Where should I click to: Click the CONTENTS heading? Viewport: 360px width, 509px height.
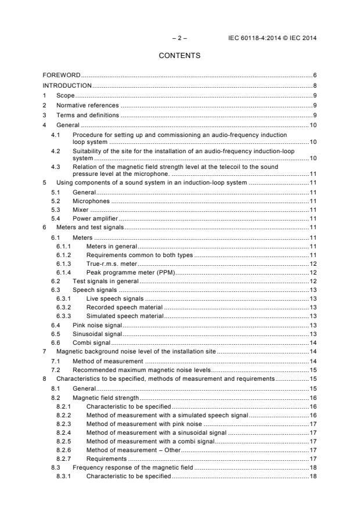pos(179,56)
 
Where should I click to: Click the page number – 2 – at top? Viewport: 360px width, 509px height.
pos(179,38)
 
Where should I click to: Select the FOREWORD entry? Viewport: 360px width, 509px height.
pos(62,75)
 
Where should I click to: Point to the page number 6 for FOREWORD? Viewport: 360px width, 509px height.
pos(314,75)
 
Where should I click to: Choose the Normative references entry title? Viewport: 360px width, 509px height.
pos(87,105)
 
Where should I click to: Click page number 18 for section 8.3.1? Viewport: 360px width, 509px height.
pos(312,476)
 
